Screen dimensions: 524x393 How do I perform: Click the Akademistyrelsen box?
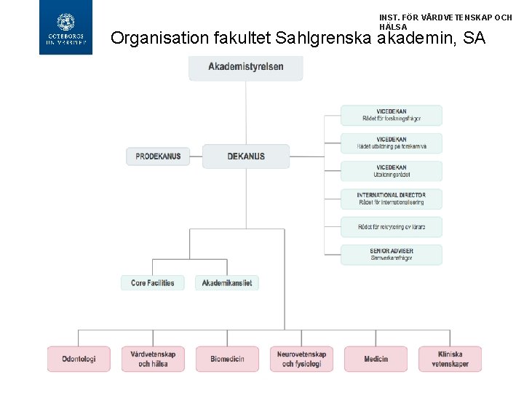pyautogui.click(x=246, y=67)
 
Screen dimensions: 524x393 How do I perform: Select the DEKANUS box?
pyautogui.click(x=246, y=156)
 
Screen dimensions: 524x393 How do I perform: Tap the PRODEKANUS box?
pyautogui.click(x=158, y=156)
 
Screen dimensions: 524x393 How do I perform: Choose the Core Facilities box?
pyautogui.click(x=153, y=283)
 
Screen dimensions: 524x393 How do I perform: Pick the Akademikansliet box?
pyautogui.click(x=227, y=283)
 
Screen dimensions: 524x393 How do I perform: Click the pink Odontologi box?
pyautogui.click(x=79, y=359)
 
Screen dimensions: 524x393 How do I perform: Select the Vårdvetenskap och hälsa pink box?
pyautogui.click(x=153, y=359)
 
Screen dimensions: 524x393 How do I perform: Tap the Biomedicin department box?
pyautogui.click(x=228, y=359)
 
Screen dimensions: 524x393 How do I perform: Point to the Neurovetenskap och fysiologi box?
pyautogui.click(x=301, y=359)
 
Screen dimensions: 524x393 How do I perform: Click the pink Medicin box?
pyautogui.click(x=376, y=359)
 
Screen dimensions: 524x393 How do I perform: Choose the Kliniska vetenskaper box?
pyautogui.click(x=450, y=359)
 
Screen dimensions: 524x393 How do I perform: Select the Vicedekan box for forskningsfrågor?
pyautogui.click(x=392, y=115)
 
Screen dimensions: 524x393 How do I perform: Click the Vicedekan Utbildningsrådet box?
pyautogui.click(x=392, y=171)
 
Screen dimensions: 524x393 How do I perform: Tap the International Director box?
pyautogui.click(x=392, y=199)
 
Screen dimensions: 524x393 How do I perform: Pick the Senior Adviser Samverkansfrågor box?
pyautogui.click(x=392, y=255)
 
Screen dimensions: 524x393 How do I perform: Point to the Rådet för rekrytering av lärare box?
pyautogui.click(x=392, y=227)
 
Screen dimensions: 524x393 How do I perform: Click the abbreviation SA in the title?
pyautogui.click(x=473, y=38)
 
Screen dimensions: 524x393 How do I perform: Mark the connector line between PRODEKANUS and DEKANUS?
pyautogui.click(x=196, y=156)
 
